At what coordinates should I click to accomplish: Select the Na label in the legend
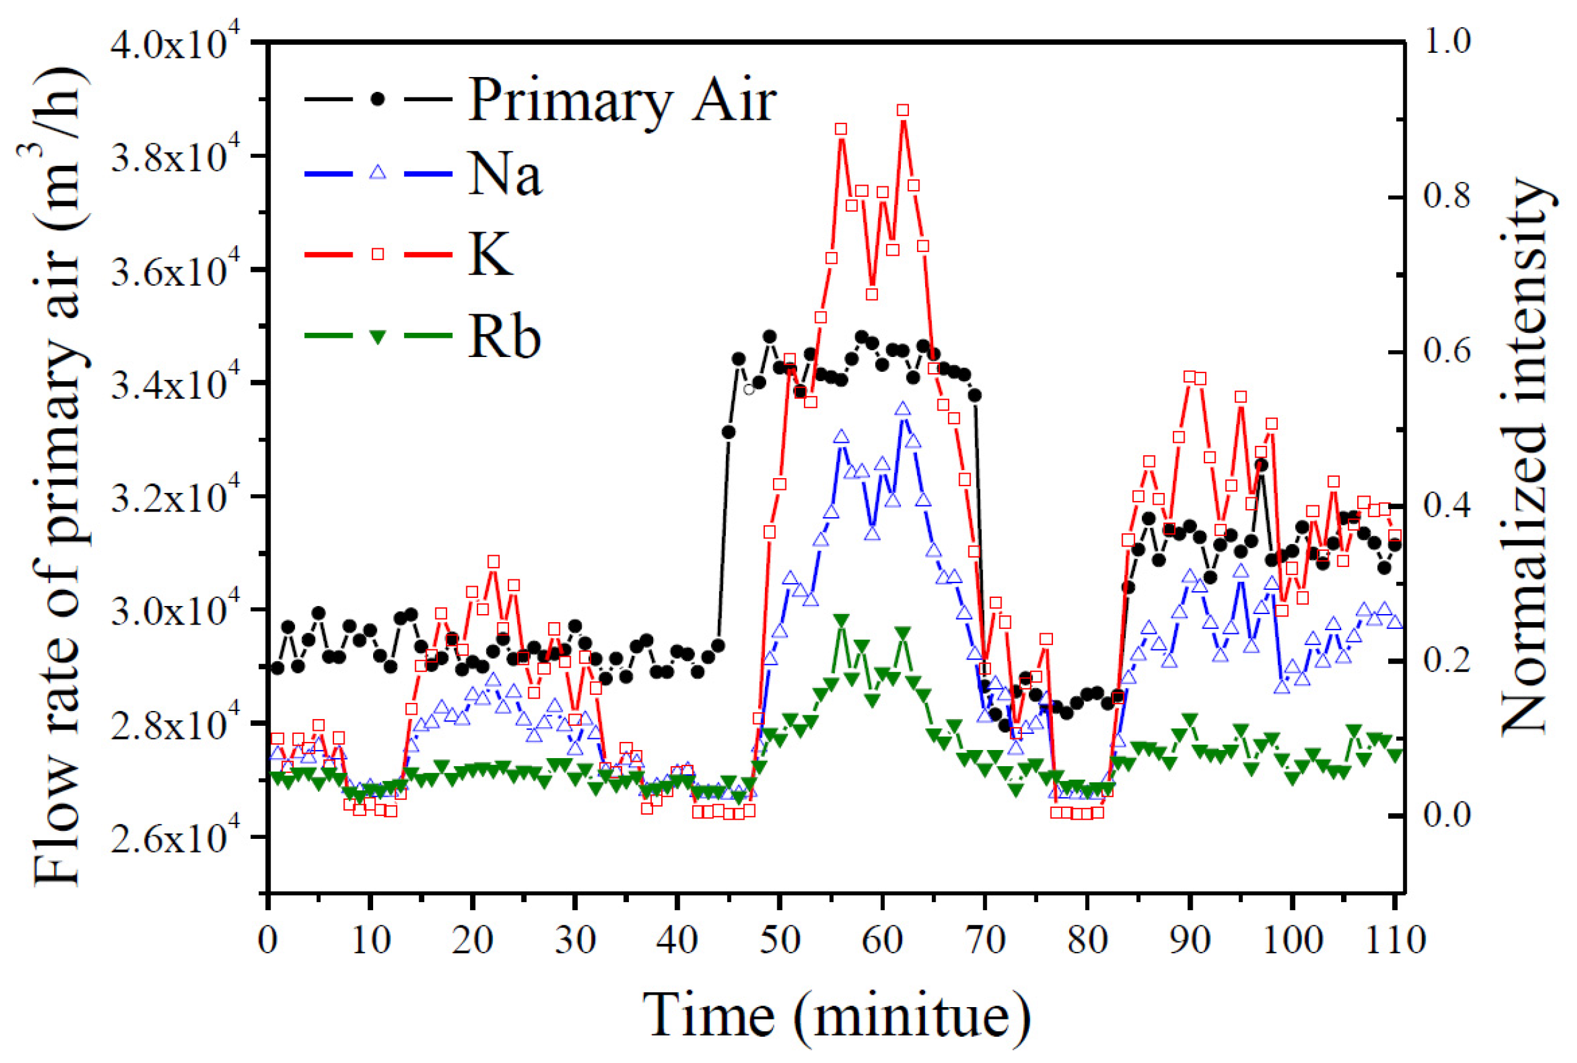[505, 175]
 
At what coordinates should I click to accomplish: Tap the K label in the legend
[490, 255]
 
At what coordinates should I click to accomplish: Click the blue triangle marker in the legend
[378, 172]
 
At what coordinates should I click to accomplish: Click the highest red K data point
[903, 111]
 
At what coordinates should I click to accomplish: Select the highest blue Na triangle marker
[903, 409]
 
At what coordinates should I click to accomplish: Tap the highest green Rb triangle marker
[842, 620]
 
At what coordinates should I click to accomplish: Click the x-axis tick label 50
[779, 941]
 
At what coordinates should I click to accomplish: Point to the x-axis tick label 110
[1394, 941]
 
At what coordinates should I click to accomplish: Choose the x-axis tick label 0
[268, 941]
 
